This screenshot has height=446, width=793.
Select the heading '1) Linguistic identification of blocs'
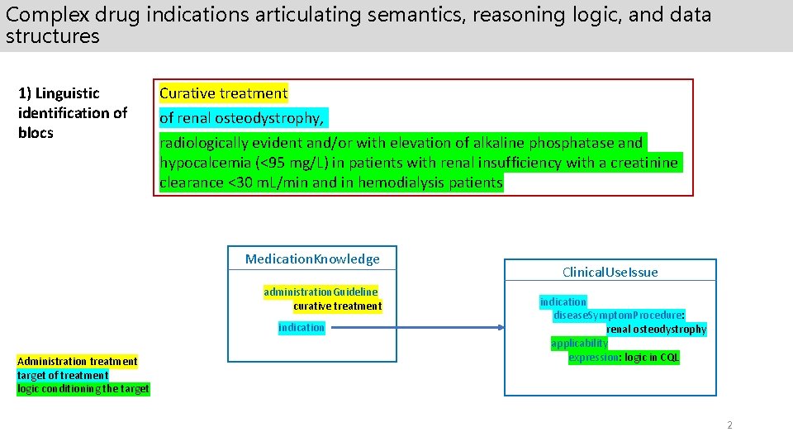tap(73, 113)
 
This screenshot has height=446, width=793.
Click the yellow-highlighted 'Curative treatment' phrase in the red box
tap(223, 93)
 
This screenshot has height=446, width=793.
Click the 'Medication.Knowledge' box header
tap(312, 259)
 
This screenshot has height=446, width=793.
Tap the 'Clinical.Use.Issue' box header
tap(610, 272)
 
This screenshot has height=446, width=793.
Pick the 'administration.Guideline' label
tap(321, 292)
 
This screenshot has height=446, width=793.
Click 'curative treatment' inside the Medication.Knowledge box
tap(337, 306)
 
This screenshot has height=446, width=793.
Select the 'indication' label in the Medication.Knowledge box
tap(302, 328)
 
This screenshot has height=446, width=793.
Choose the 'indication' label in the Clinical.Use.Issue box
tap(563, 301)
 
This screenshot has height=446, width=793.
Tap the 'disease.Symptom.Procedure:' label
tap(618, 315)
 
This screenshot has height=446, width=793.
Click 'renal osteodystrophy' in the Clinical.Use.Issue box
tap(656, 329)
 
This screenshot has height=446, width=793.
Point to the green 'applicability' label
tap(579, 343)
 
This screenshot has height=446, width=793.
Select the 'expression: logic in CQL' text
tap(623, 357)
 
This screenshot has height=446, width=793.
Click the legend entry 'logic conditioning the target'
tap(83, 388)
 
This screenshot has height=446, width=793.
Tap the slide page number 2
tap(729, 425)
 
